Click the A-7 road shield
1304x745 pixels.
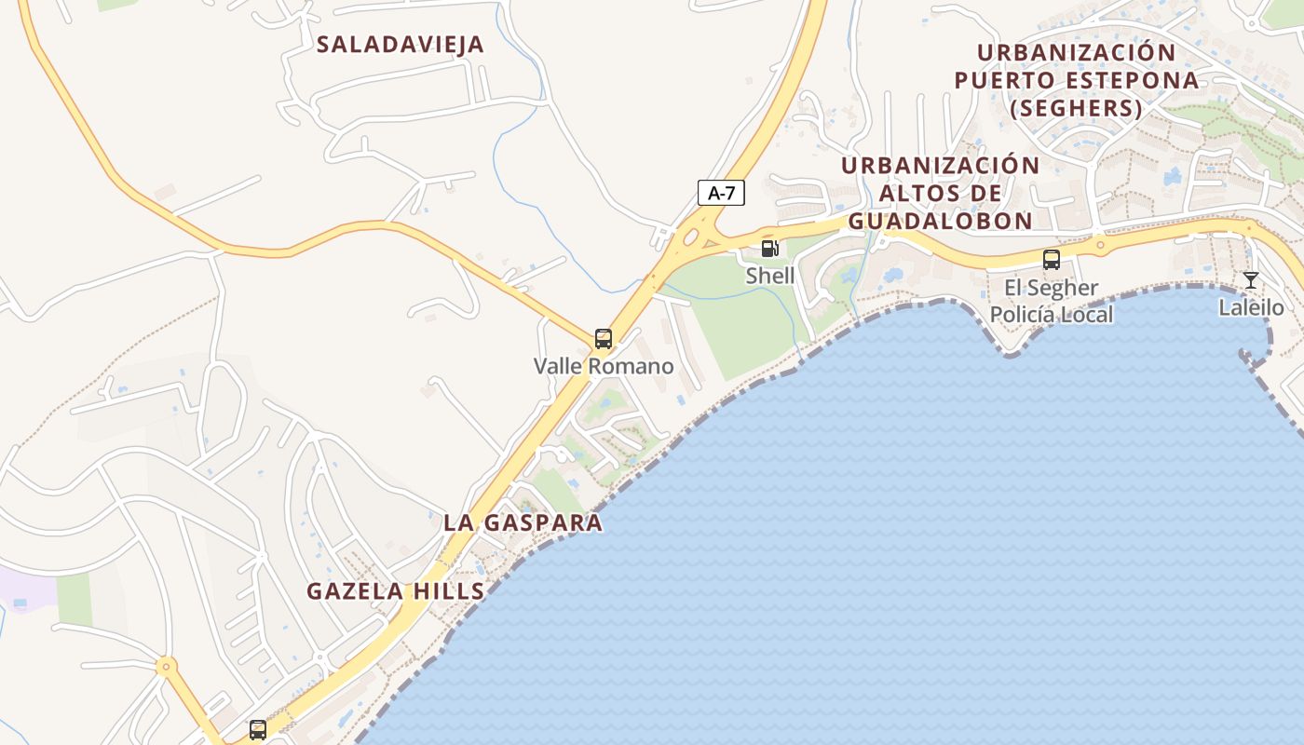coord(721,193)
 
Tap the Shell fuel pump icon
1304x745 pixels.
coord(769,249)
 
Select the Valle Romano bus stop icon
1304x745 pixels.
coord(604,339)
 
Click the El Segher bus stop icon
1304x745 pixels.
coord(1052,260)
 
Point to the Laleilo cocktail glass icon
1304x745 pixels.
coord(1251,280)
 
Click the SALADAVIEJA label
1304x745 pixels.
coord(401,45)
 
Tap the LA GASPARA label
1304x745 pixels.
coord(523,522)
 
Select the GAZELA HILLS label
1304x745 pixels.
coord(396,590)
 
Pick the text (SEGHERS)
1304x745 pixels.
coord(1076,108)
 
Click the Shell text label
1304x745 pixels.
coord(770,276)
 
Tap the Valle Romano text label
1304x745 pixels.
coord(604,366)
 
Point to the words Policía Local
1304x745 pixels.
coord(1051,314)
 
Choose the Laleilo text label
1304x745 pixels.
coord(1251,307)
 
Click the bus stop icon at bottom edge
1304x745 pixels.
coord(258,729)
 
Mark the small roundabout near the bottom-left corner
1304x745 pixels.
coord(166,666)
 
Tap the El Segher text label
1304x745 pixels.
coord(1051,287)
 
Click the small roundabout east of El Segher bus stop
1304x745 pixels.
coord(1100,247)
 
